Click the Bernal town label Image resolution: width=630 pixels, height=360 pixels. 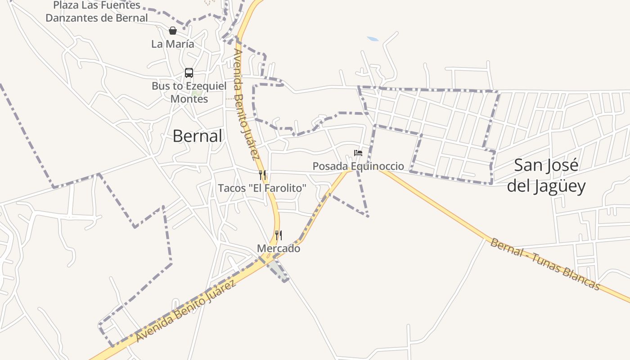pos(197,136)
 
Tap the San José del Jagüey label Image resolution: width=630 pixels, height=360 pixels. pos(546,175)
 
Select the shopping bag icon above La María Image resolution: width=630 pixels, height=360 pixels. pos(172,31)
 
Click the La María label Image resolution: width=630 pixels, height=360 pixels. pos(173,44)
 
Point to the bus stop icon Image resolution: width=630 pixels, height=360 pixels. pos(189,73)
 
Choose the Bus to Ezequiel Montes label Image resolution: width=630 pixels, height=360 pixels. pos(189,92)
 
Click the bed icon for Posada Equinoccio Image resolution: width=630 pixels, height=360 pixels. pos(358,153)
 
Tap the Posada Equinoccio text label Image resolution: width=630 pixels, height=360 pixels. pos(358,166)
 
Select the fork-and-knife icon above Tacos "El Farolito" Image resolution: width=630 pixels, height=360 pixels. pos(262,175)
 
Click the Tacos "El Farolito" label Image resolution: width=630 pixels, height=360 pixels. pos(262,188)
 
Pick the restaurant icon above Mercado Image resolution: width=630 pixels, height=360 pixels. pos(279,235)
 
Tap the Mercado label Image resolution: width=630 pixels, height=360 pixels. pos(279,248)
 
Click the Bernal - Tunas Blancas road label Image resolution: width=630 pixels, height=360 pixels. pos(545,264)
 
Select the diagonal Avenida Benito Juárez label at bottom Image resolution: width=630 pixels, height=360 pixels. pos(186,311)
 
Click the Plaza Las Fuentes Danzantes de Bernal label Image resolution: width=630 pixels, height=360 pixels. pos(97,12)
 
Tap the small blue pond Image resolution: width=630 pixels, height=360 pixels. pos(373,39)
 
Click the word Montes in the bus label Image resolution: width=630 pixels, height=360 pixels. pos(189,99)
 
